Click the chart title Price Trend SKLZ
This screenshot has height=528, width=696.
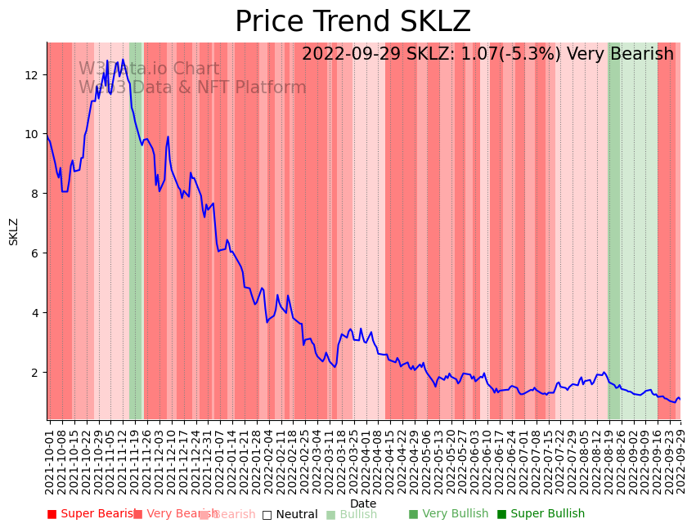[352, 22]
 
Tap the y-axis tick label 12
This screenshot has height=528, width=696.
[32, 74]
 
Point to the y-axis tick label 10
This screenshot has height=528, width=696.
[32, 134]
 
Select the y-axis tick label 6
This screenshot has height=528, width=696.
[35, 253]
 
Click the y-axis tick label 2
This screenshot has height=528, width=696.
[35, 373]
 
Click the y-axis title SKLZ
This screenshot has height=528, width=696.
[14, 231]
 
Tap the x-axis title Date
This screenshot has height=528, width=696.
[363, 503]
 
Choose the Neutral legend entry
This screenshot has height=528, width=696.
[290, 515]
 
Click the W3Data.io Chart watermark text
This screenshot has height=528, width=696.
[149, 69]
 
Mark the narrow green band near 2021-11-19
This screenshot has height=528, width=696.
[135, 229]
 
